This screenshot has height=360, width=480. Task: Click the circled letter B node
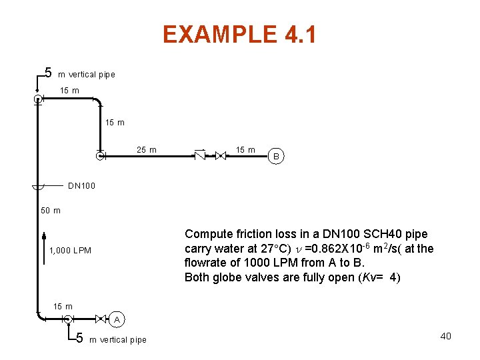(277, 157)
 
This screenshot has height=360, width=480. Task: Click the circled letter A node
(117, 320)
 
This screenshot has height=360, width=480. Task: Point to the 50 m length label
(51, 211)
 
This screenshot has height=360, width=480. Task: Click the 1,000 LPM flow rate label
(70, 251)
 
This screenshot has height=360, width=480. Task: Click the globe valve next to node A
(101, 319)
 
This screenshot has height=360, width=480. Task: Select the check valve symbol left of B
(199, 156)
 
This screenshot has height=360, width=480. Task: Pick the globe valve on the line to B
(221, 156)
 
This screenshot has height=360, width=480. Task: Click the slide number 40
(445, 336)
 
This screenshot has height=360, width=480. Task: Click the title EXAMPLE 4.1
(239, 35)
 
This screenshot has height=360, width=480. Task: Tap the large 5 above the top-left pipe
(48, 72)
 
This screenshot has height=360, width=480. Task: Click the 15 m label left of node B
(245, 150)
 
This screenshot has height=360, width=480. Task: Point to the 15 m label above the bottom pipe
(63, 307)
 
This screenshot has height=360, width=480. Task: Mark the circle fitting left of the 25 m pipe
(99, 157)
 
